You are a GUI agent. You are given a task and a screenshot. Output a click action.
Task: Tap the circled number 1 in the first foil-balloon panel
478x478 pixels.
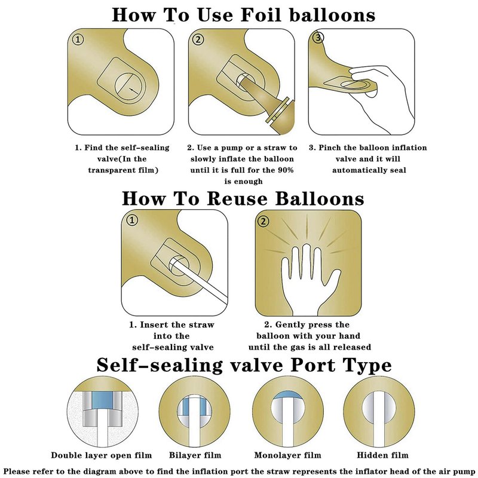click(x=78, y=39)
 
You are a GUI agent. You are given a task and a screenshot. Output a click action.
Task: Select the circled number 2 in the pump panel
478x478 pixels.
click(x=198, y=39)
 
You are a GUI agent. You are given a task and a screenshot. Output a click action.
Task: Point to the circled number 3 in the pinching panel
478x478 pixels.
click(x=318, y=38)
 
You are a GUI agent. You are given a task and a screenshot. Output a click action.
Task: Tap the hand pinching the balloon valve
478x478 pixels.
click(x=381, y=97)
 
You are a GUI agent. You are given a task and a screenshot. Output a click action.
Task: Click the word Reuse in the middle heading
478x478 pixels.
click(x=237, y=198)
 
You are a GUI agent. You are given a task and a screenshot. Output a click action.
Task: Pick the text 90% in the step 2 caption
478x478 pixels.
click(x=286, y=170)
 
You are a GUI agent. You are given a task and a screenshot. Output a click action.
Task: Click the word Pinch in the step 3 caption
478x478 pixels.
click(x=330, y=148)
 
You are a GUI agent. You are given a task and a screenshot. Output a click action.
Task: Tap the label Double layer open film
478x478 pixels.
click(x=101, y=455)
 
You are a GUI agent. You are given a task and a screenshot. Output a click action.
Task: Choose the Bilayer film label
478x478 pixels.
click(x=195, y=455)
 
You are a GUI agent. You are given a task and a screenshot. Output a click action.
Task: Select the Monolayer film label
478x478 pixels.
click(x=288, y=455)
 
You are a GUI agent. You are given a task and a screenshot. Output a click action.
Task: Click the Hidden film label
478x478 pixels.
click(x=382, y=455)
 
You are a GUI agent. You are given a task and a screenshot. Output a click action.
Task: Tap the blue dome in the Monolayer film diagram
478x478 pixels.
click(x=288, y=396)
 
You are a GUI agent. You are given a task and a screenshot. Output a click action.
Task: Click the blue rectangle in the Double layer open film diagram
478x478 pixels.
click(x=102, y=400)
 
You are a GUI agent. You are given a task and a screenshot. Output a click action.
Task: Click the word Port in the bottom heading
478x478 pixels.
click(x=312, y=365)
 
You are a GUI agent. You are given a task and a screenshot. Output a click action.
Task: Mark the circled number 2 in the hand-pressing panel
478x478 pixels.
click(x=263, y=221)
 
